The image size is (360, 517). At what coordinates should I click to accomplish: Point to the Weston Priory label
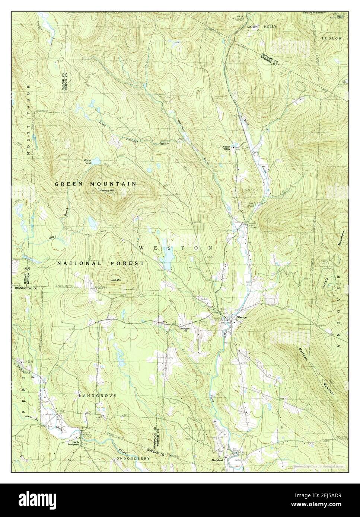[227, 148]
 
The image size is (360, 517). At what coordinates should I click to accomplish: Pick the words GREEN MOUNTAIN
[95, 184]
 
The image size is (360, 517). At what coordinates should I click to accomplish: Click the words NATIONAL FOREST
[100, 263]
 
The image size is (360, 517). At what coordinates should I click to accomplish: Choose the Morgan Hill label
[185, 330]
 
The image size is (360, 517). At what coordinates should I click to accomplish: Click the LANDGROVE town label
[98, 396]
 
